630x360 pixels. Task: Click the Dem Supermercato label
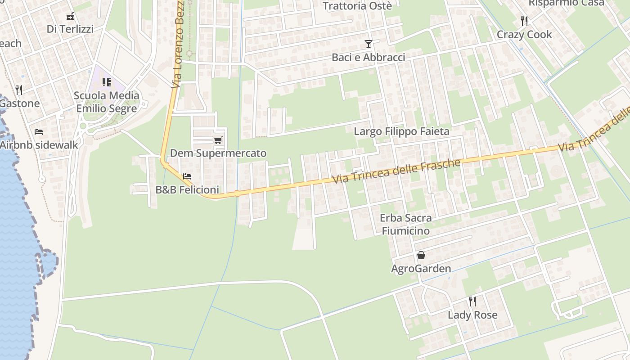point(218,153)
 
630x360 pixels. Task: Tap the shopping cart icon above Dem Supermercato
point(218,140)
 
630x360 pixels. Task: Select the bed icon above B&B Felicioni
point(187,176)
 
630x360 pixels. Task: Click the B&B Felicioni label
point(187,189)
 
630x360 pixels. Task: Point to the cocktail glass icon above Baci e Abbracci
point(369,44)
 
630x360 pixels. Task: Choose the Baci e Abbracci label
point(368,57)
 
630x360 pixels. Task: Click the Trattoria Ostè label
point(357,6)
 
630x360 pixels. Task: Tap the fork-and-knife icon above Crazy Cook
point(524,21)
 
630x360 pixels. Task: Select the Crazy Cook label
point(524,34)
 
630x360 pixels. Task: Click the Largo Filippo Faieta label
point(401,131)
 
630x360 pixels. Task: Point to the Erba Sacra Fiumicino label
point(405,224)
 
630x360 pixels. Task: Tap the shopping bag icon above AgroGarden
point(421,256)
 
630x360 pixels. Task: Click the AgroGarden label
point(421,269)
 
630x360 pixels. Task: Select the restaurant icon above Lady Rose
point(472,301)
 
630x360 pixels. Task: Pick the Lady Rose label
point(472,315)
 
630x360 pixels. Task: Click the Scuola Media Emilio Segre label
point(107,102)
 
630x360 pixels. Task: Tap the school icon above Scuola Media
point(107,82)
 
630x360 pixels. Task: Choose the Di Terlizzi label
point(70,29)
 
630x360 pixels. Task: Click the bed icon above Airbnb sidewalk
point(39,132)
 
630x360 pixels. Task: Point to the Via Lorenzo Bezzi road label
point(179,45)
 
